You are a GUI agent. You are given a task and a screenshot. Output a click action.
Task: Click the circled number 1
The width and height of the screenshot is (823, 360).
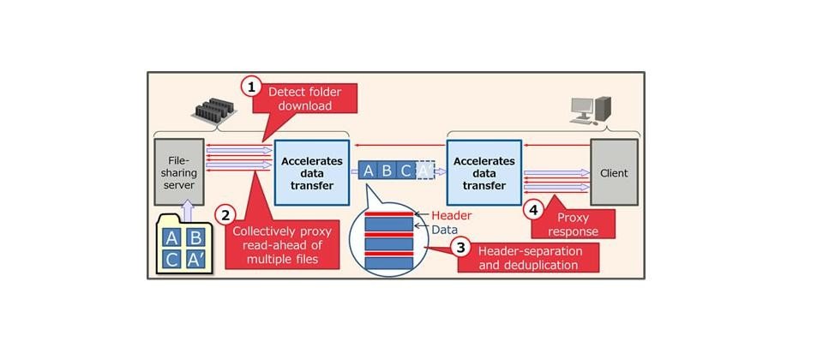tap(251, 87)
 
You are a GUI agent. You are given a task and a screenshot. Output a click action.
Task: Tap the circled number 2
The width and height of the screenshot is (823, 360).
tap(225, 215)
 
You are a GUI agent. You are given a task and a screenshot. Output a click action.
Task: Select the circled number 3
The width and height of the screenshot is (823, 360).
tap(460, 247)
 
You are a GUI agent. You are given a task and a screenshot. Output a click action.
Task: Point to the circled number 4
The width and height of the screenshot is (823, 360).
tap(534, 211)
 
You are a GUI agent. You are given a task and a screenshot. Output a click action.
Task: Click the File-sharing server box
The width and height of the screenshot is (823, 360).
tap(179, 172)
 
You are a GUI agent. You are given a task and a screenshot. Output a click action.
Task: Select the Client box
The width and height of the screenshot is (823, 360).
tap(614, 172)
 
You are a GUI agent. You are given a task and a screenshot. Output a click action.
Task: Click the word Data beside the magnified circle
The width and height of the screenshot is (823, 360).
tap(445, 230)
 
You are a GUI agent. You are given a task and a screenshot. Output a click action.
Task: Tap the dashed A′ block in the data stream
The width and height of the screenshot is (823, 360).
tap(425, 171)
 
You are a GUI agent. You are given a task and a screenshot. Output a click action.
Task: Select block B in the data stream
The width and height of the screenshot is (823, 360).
tap(387, 171)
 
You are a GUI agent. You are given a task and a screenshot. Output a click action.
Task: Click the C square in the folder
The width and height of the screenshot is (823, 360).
tap(171, 259)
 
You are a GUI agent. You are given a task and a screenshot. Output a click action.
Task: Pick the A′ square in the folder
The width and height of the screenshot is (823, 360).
tap(195, 259)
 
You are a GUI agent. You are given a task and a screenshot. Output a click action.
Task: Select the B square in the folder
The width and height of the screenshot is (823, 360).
tap(195, 237)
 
